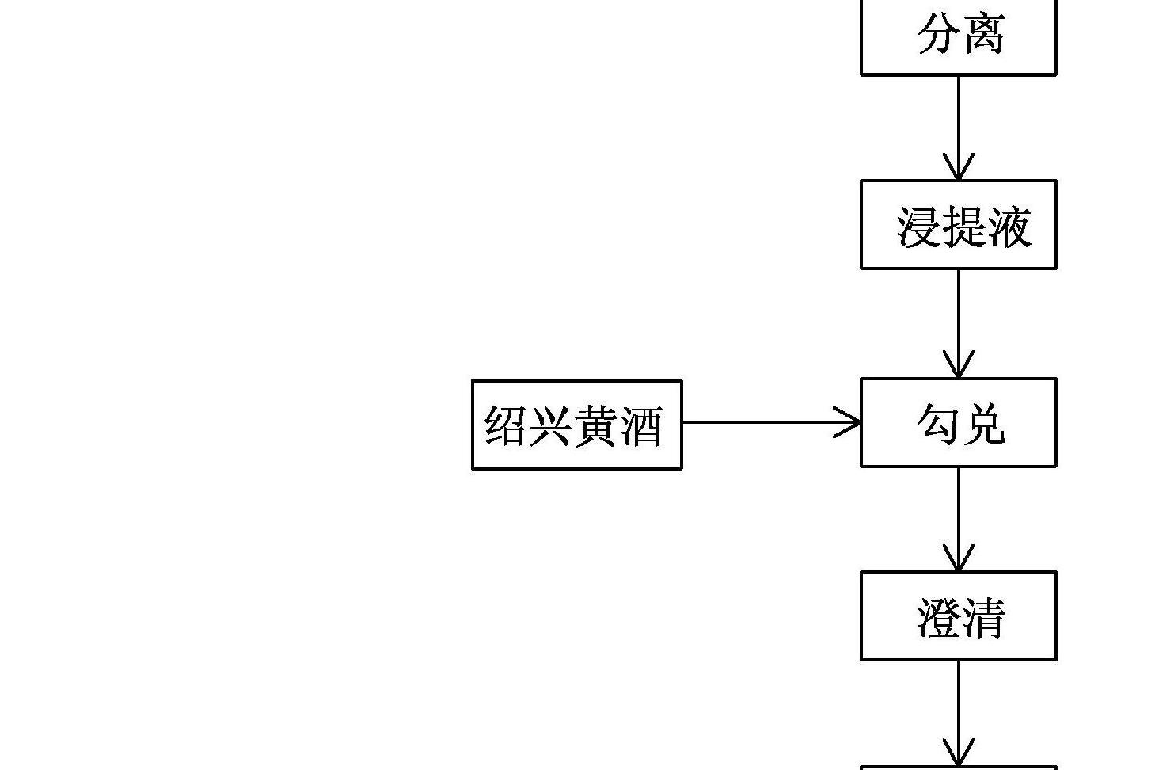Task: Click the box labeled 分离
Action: pos(958,36)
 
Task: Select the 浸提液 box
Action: pos(958,225)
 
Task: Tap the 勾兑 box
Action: pos(958,422)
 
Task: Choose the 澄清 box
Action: pos(958,616)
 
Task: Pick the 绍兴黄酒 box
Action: pos(576,425)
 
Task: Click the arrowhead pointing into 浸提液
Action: pos(959,168)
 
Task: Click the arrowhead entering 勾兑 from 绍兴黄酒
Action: pos(849,422)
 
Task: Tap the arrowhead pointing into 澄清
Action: pos(959,559)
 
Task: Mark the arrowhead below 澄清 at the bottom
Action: pos(959,753)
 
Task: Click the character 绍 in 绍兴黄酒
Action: pos(506,426)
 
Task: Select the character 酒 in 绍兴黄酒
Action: pos(641,426)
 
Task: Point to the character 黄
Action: pos(596,426)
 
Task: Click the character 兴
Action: pos(550,426)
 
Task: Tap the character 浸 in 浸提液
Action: pos(918,227)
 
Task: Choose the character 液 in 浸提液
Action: pos(1009,227)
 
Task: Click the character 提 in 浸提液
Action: pos(963,227)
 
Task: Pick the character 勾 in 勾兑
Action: pos(939,423)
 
